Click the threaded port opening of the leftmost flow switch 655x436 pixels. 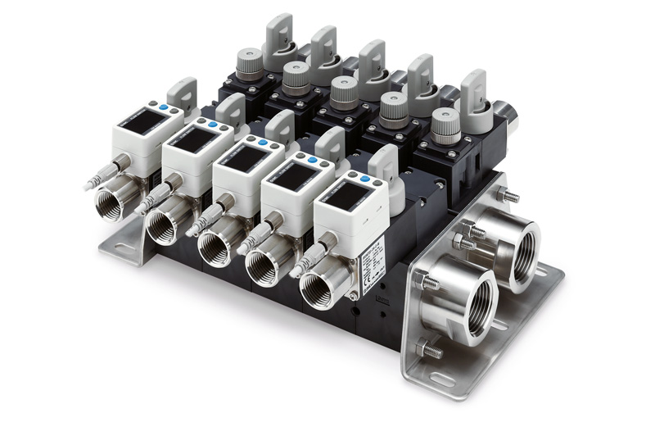click(110, 202)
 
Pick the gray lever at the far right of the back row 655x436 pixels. click(473, 89)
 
